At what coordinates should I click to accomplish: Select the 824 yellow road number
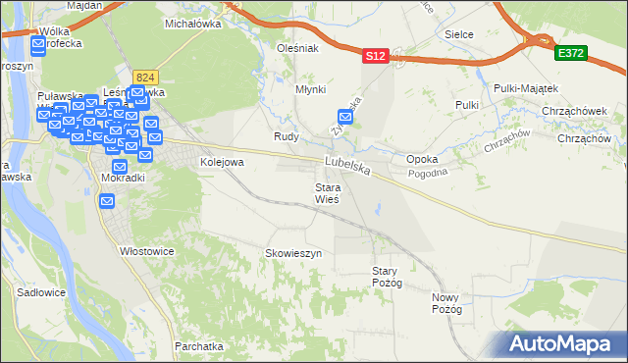pos(146,77)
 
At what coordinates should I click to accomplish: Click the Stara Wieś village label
pos(327,192)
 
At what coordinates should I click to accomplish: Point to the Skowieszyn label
pos(293,253)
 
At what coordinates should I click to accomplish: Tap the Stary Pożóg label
pos(387,277)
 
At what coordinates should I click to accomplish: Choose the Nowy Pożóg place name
pos(446,302)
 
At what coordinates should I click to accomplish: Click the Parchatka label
pos(199,346)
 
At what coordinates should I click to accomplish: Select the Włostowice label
pos(146,251)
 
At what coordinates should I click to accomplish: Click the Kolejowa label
pos(221,162)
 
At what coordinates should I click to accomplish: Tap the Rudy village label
pos(286,136)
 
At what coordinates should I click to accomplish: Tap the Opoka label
pos(422,158)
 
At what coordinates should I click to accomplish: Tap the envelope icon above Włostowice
pos(107,200)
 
